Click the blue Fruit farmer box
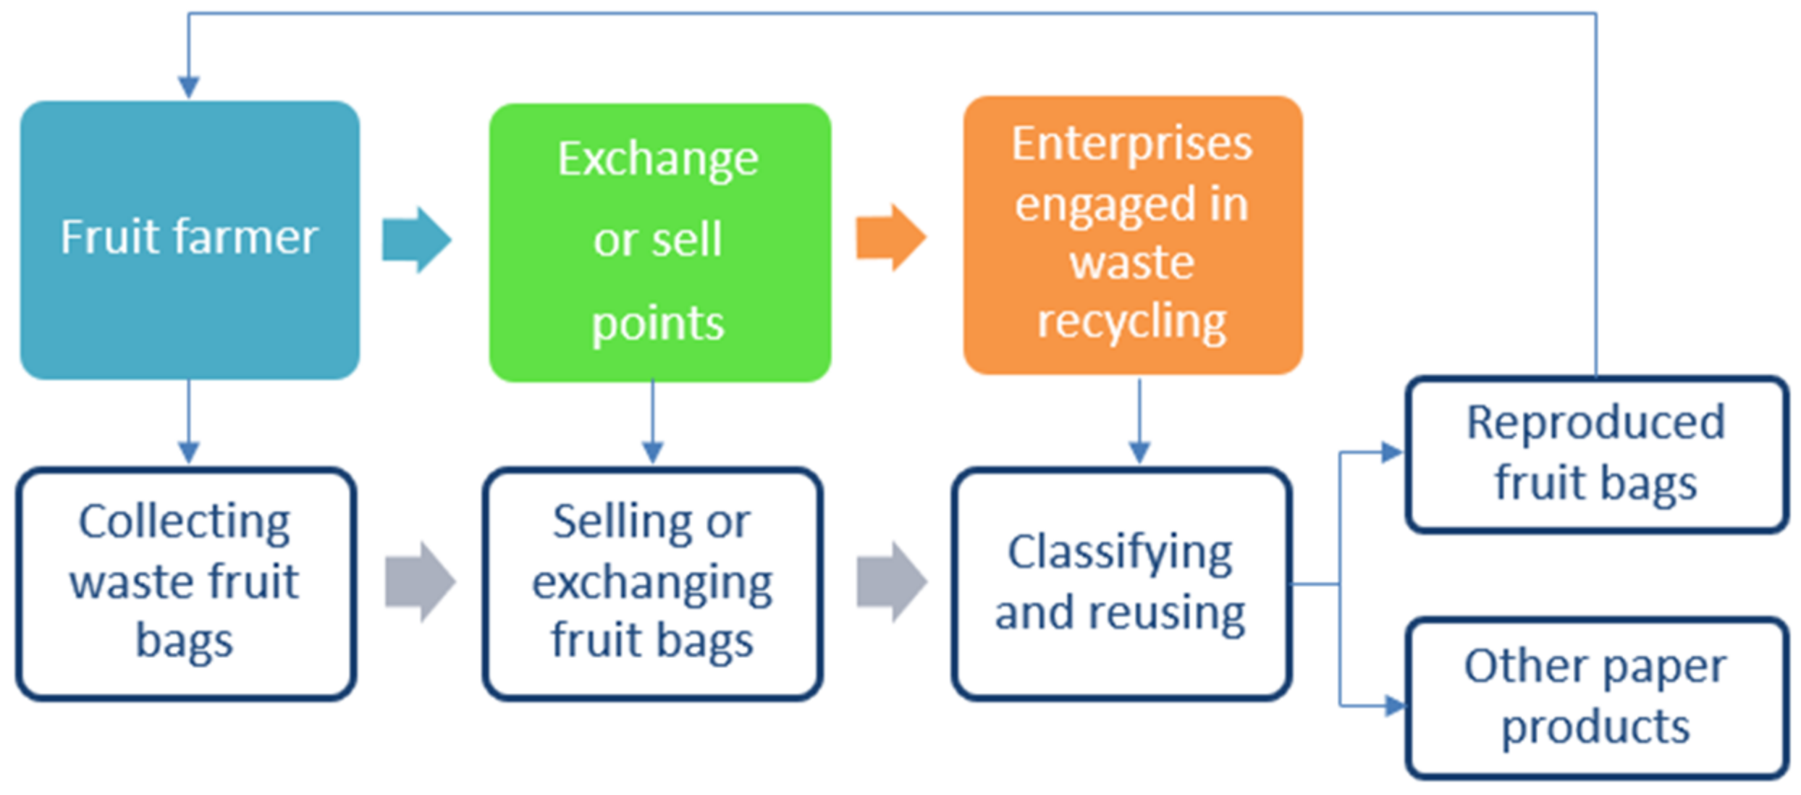click(190, 240)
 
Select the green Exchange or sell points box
click(659, 243)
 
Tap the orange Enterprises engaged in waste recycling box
click(1133, 235)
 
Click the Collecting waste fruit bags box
click(186, 583)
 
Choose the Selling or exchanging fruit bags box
click(652, 583)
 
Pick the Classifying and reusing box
click(1121, 583)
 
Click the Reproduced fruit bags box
click(1596, 454)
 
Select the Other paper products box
click(1596, 697)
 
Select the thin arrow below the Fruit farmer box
click(189, 424)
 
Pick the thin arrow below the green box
click(653, 424)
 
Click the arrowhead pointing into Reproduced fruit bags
click(1391, 453)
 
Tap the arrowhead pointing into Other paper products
click(1393, 705)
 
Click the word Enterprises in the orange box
click(1132, 143)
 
